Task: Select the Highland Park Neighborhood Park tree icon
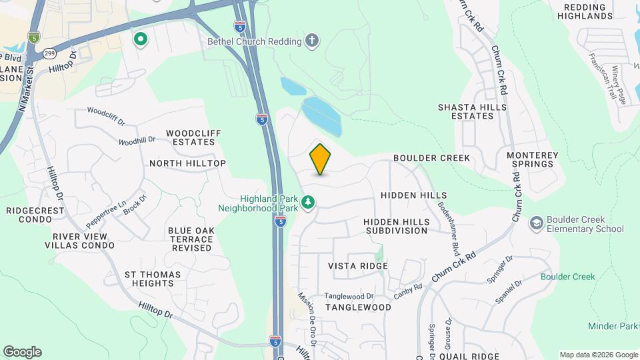coord(308,201)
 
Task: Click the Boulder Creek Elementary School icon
coord(535,223)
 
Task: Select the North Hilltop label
coord(187,163)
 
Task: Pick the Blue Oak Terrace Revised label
coord(191,239)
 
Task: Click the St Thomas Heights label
coord(149,279)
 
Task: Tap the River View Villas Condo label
coord(79,241)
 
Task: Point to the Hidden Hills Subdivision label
coord(396,225)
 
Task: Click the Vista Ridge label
coord(358,266)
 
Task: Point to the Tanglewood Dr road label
coord(349,296)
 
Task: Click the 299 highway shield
coord(50,51)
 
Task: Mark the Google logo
coord(21,352)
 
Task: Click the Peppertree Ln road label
coord(105,215)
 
